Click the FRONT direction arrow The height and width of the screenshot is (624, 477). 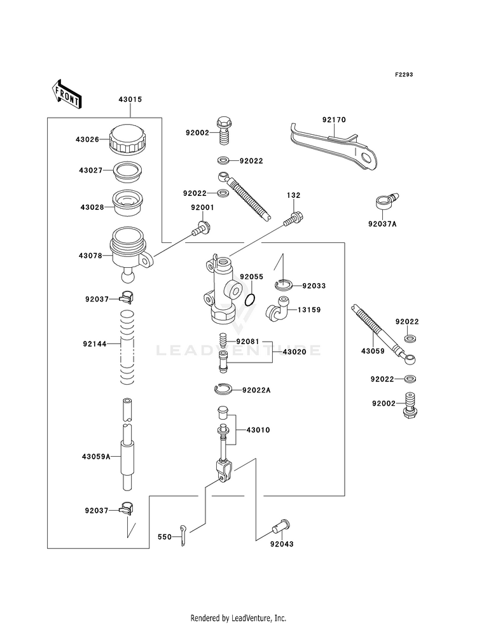66,94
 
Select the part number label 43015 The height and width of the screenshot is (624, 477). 130,99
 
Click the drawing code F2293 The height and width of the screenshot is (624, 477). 404,74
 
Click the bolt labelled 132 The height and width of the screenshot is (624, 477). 294,218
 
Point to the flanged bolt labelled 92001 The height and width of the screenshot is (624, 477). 202,228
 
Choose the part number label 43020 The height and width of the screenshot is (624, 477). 294,352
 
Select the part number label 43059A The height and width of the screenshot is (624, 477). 96,457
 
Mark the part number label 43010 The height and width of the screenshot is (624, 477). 258,430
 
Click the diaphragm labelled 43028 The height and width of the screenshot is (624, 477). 128,204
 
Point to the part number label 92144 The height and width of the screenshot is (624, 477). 95,344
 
